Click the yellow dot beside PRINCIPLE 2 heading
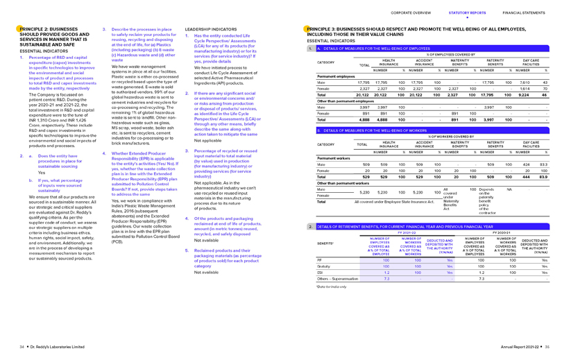tap(20, 27)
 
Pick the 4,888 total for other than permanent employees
tap(362, 119)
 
